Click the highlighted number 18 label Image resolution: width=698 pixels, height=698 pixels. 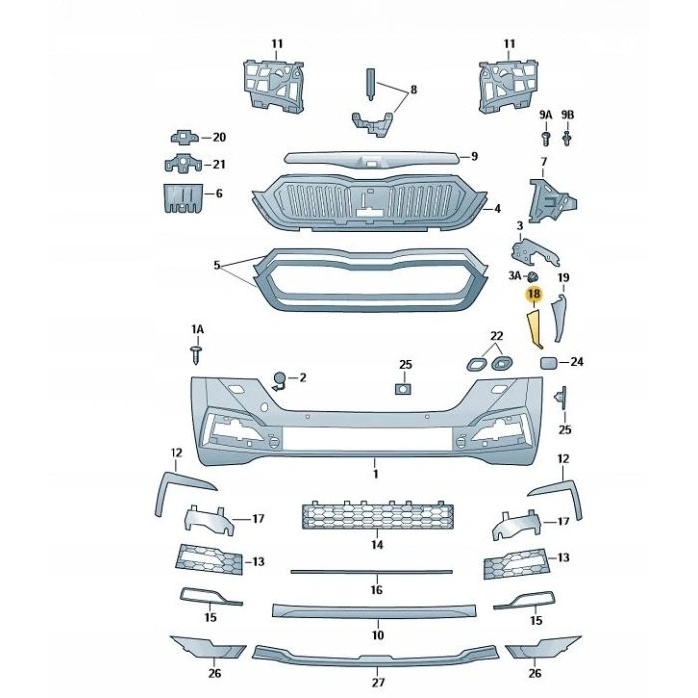pos(533,294)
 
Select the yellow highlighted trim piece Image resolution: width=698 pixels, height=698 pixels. pos(533,330)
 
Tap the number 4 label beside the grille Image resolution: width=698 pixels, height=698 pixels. pos(496,209)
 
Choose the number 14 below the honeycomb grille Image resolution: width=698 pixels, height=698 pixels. pos(377,545)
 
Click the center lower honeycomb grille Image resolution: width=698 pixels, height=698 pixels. pos(377,517)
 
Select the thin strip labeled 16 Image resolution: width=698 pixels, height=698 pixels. pos(372,572)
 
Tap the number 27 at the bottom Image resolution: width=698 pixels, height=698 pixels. pos(378,683)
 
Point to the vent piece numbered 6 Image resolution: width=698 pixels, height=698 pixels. pos(182,197)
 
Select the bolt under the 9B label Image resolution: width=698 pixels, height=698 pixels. pos(567,137)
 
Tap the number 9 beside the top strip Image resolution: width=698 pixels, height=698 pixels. pos(475,156)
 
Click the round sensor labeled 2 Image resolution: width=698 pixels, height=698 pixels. pos(280,378)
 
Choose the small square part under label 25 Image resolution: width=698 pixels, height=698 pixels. pos(404,387)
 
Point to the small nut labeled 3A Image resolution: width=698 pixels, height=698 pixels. pos(533,275)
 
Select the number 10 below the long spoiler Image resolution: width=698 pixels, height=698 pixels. pos(378,634)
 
